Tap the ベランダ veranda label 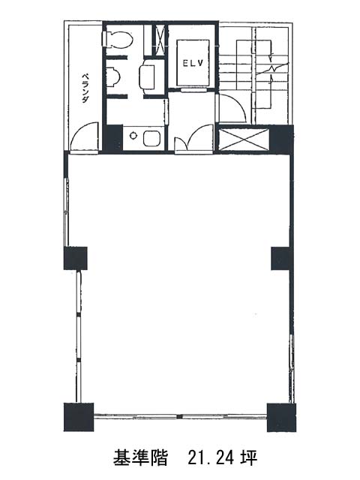[85, 88]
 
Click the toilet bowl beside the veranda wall [117, 40]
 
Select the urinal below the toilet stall [112, 77]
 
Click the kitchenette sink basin [151, 138]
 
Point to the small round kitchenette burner [133, 135]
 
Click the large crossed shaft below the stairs [244, 140]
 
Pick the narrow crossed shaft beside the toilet [159, 40]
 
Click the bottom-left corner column [79, 417]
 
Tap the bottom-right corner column [282, 417]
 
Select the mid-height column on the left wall [76, 258]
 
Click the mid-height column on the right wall [280, 258]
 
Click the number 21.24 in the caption [211, 458]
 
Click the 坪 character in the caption [249, 458]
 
